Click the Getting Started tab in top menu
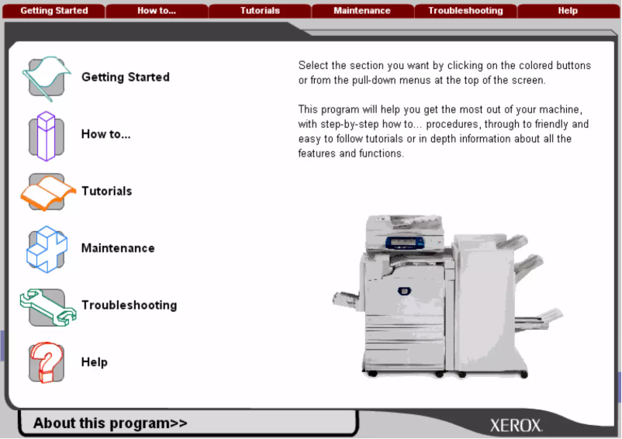pyautogui.click(x=54, y=11)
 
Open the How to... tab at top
pyautogui.click(x=156, y=11)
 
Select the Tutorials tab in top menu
pyautogui.click(x=260, y=11)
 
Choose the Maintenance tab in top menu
pyautogui.click(x=362, y=11)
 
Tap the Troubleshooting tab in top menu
pyautogui.click(x=465, y=11)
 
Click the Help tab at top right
pyautogui.click(x=568, y=11)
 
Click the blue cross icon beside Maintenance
pyautogui.click(x=47, y=249)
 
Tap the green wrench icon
pyautogui.click(x=47, y=306)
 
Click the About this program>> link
pyautogui.click(x=110, y=423)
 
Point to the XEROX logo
pyautogui.click(x=516, y=426)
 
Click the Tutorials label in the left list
pyautogui.click(x=107, y=192)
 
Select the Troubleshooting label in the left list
pyautogui.click(x=129, y=306)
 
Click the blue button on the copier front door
pyautogui.click(x=403, y=291)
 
